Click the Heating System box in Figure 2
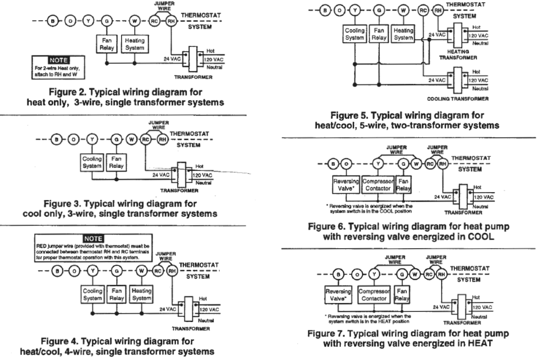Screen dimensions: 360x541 click(x=134, y=43)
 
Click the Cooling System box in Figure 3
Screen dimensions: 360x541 click(x=91, y=162)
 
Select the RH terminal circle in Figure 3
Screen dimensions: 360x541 click(x=163, y=140)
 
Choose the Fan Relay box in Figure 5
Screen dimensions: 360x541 click(x=378, y=34)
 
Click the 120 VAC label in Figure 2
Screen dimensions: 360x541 click(x=213, y=60)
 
